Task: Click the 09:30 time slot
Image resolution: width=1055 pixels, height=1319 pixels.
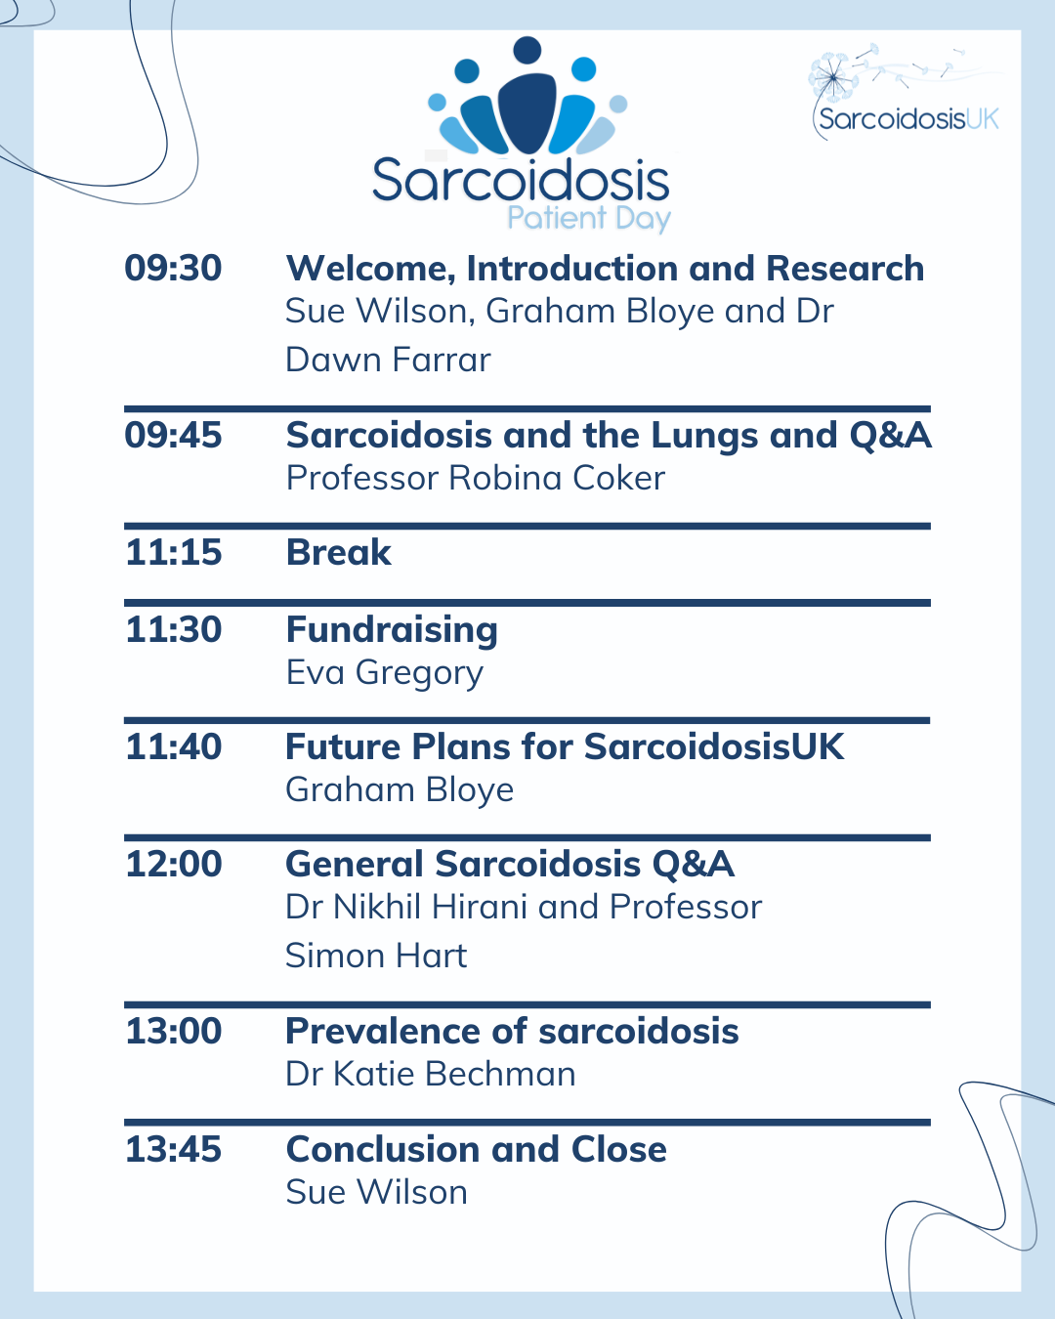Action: pyautogui.click(x=173, y=269)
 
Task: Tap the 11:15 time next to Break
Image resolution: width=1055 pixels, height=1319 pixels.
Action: pyautogui.click(x=174, y=552)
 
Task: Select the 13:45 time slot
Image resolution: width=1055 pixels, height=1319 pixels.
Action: pyautogui.click(x=173, y=1149)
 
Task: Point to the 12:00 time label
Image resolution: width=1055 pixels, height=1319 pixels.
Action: pyautogui.click(x=174, y=864)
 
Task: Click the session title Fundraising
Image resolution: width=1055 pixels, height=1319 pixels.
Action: pyautogui.click(x=392, y=631)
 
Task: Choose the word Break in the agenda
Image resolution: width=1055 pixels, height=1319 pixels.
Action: pyautogui.click(x=338, y=552)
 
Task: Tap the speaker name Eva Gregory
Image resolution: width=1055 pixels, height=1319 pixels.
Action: pyautogui.click(x=384, y=673)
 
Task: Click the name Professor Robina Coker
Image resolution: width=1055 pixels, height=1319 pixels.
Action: pyautogui.click(x=475, y=478)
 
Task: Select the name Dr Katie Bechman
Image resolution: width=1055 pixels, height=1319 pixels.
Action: pyautogui.click(x=431, y=1074)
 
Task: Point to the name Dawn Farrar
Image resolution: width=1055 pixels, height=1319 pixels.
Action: pyautogui.click(x=388, y=360)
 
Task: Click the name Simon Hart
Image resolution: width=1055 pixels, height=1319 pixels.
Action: pyautogui.click(x=376, y=956)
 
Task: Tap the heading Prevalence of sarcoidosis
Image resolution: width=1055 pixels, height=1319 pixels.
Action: pyautogui.click(x=512, y=1031)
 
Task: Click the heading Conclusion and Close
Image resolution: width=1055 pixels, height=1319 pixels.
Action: pyautogui.click(x=477, y=1149)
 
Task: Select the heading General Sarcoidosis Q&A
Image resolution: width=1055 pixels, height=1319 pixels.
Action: pyautogui.click(x=510, y=865)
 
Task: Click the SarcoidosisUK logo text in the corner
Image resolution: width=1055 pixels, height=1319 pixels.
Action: pyautogui.click(x=908, y=119)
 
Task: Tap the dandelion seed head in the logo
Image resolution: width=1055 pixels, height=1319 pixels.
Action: pyautogui.click(x=832, y=77)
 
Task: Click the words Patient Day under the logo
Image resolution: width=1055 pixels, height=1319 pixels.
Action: pyautogui.click(x=589, y=219)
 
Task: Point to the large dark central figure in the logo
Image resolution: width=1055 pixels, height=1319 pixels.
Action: pyautogui.click(x=527, y=112)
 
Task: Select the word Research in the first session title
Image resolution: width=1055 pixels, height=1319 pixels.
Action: pyautogui.click(x=845, y=269)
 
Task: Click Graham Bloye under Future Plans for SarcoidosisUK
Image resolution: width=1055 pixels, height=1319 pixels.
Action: pyautogui.click(x=400, y=790)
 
